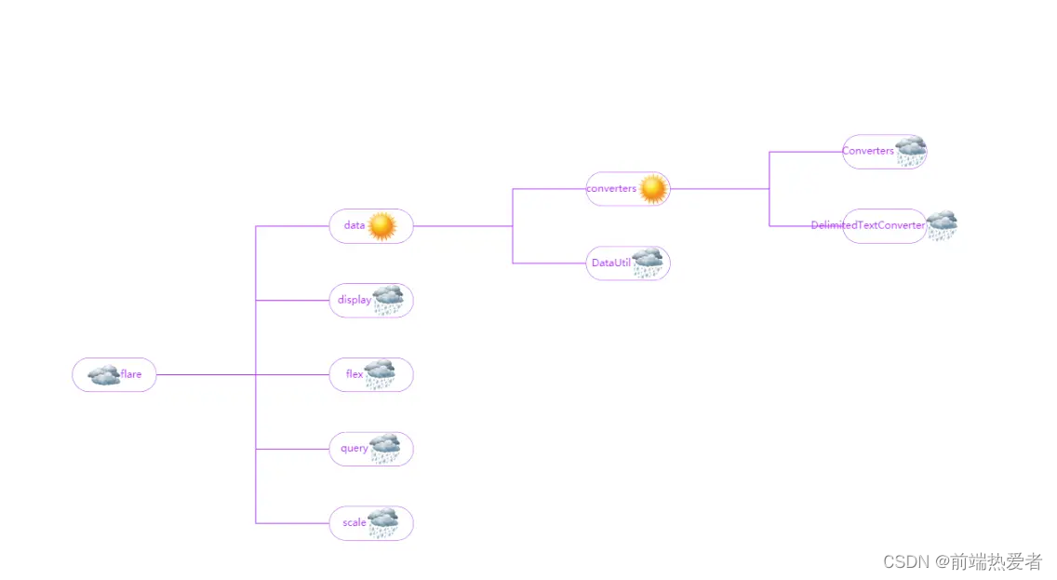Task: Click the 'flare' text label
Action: point(131,374)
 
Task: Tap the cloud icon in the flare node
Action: point(103,375)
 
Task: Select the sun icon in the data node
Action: point(381,226)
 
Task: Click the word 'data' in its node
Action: point(355,225)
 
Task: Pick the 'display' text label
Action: point(353,300)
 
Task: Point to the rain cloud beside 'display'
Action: point(388,300)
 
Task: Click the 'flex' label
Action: point(355,374)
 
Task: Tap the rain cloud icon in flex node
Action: point(380,374)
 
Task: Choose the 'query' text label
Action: point(354,448)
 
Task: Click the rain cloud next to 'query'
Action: point(385,448)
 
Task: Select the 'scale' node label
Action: point(355,522)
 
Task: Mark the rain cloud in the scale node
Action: point(383,522)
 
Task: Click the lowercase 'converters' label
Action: point(611,188)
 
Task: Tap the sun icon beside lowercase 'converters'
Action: point(653,189)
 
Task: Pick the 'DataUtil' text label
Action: point(610,263)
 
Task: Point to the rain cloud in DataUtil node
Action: point(648,263)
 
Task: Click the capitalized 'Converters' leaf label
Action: point(867,151)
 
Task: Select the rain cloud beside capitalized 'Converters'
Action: point(911,151)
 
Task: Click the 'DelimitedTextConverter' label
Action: point(867,225)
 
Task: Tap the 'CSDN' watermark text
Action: point(906,561)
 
